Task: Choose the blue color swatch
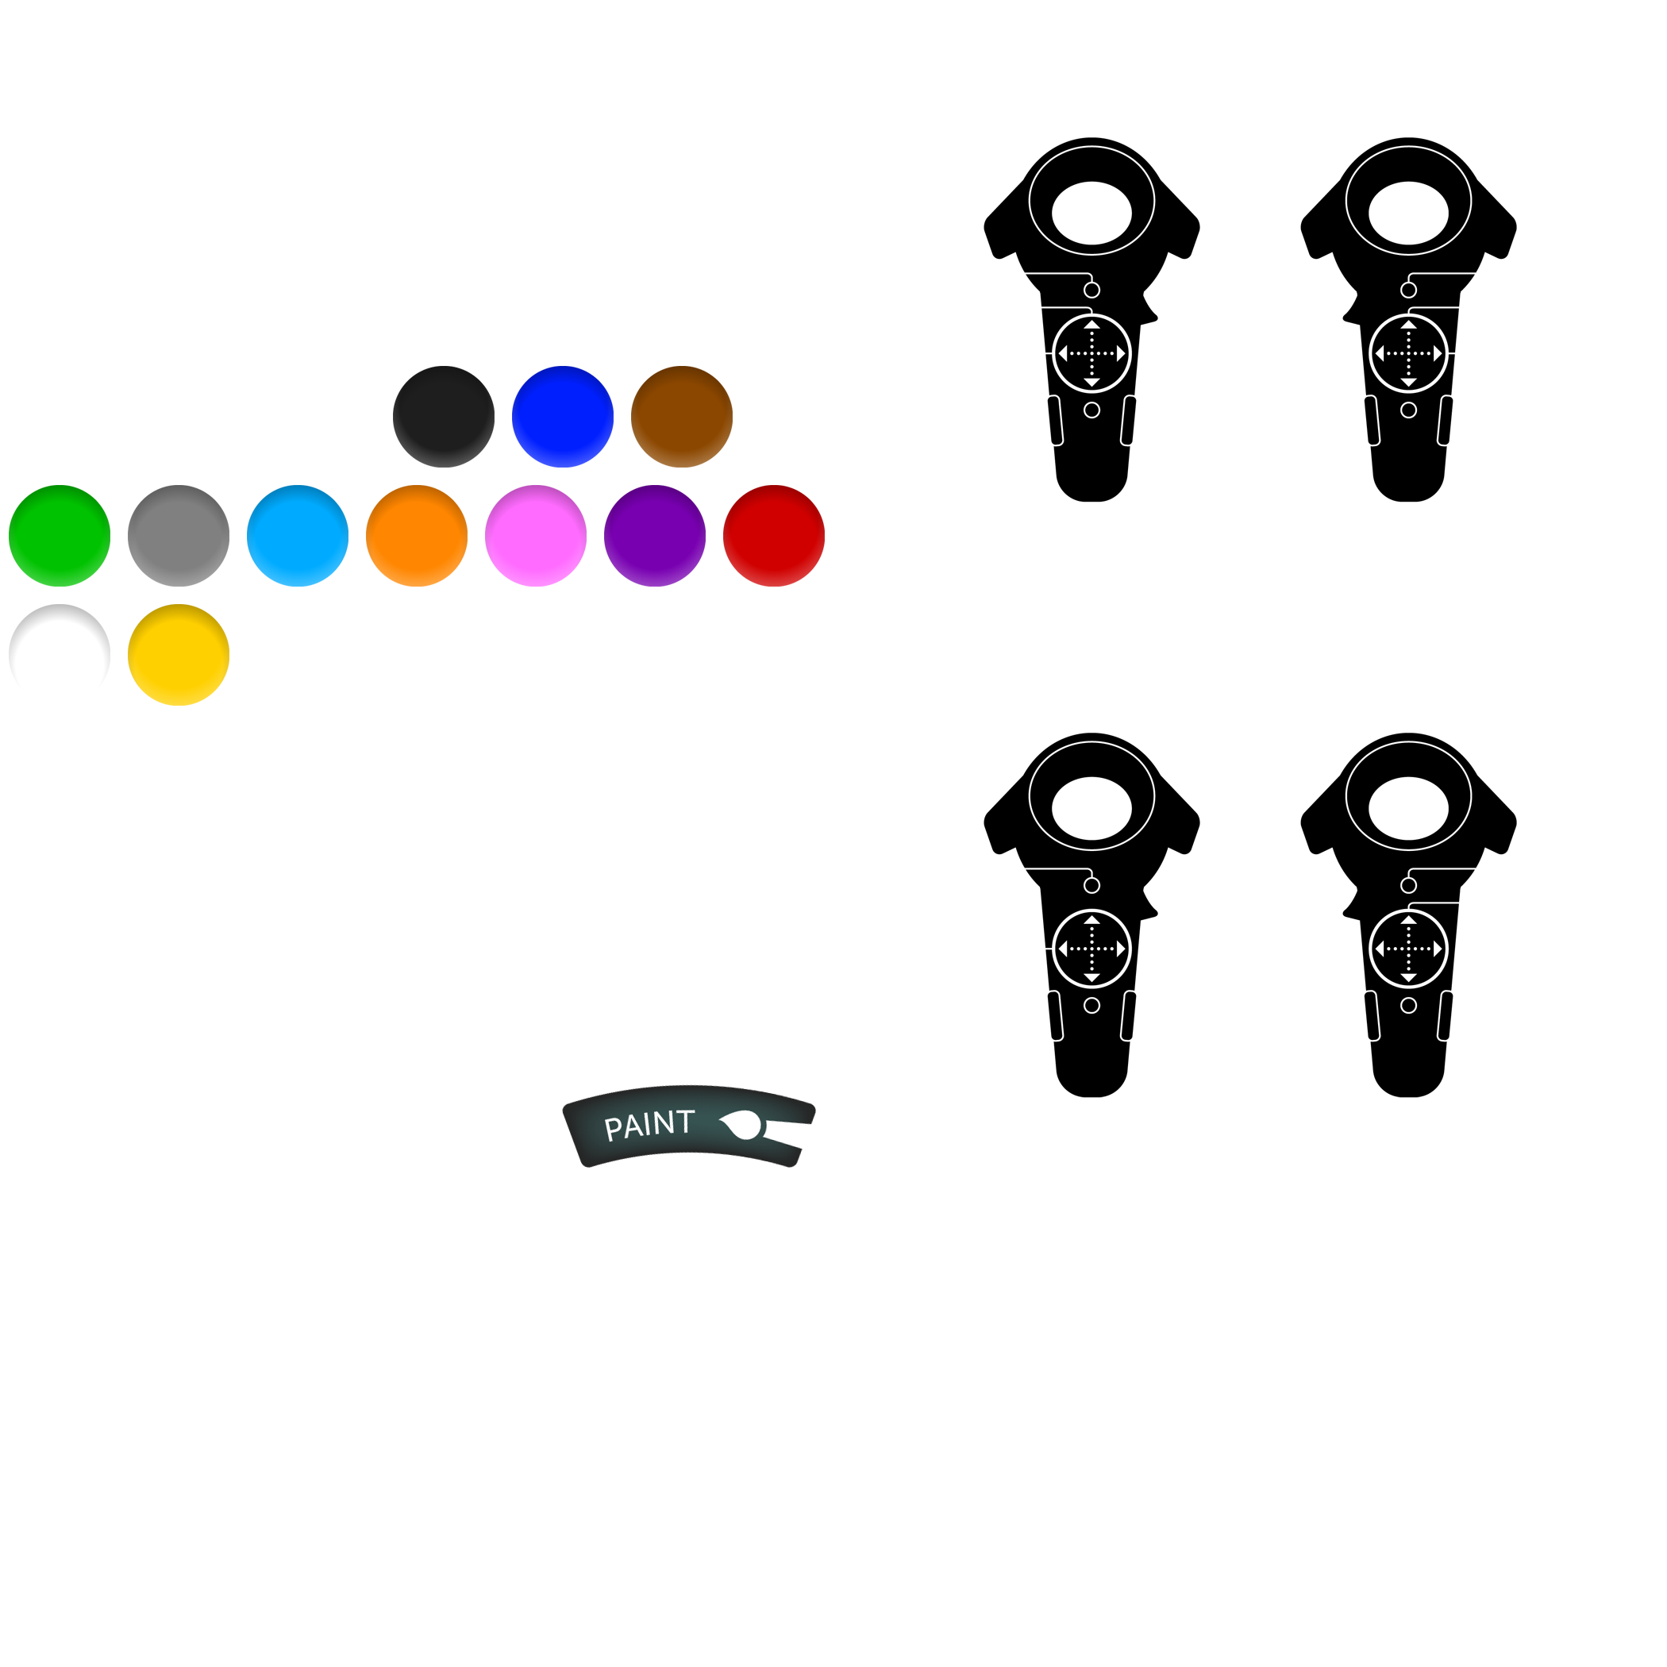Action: tap(563, 417)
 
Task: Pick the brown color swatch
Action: tap(682, 417)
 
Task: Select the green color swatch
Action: tap(60, 536)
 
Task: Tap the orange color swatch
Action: tap(417, 536)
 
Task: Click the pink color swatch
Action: tap(536, 536)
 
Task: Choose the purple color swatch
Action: tap(655, 536)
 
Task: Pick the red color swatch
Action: tap(774, 536)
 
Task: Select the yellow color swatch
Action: tap(179, 655)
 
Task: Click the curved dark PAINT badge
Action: tap(688, 1126)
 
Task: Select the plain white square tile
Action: tap(655, 298)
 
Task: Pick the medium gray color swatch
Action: tap(179, 536)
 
